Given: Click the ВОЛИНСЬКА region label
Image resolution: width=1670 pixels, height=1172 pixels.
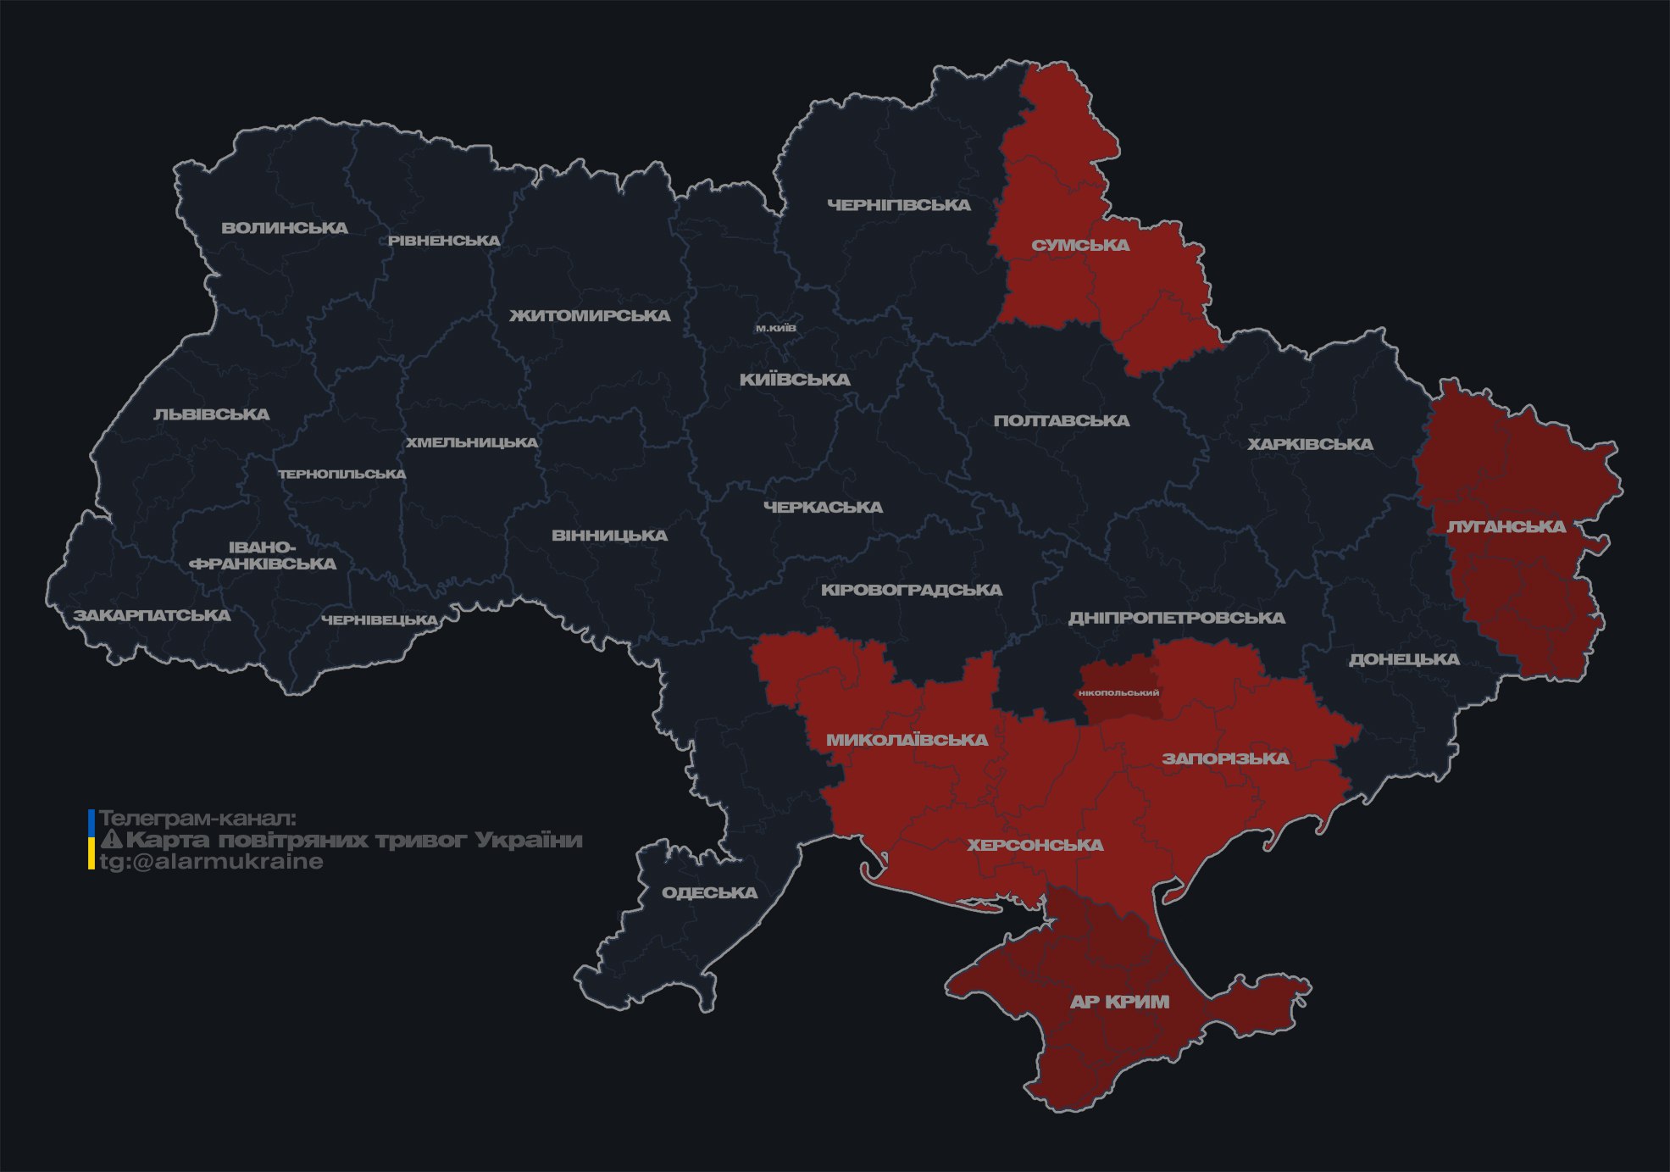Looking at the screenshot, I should click(285, 228).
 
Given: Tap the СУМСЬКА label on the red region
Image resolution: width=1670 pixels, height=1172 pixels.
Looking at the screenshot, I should click(1080, 246).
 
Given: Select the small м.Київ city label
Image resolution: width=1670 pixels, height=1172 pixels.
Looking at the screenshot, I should click(775, 328).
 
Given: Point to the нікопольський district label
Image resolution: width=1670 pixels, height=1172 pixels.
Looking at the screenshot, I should click(1118, 693).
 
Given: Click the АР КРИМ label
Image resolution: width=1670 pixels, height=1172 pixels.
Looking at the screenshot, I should click(1119, 1002).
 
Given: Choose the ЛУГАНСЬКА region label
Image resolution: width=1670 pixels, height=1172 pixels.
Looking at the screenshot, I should click(1506, 527).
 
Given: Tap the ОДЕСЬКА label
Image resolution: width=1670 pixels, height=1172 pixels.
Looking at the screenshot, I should click(709, 893).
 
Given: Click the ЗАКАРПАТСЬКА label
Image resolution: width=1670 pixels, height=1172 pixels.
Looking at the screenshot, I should click(152, 615).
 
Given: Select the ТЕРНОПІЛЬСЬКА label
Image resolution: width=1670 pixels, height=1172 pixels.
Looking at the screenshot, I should click(342, 475).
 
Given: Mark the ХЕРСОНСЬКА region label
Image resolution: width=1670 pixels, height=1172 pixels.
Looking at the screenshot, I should click(1035, 846).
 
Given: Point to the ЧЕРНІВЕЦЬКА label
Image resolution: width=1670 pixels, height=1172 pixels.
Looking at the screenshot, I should click(380, 620).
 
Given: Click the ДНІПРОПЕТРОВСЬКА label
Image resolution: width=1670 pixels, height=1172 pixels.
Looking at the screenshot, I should click(1176, 618).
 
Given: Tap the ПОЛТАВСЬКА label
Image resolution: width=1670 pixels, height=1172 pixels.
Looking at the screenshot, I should click(1061, 421).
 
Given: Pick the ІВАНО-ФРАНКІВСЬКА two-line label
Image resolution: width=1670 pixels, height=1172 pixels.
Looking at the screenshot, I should click(263, 556).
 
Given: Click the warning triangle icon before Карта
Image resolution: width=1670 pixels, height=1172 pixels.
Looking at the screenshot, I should click(111, 840).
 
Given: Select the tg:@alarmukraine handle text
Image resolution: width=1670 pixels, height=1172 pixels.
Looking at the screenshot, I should click(211, 862).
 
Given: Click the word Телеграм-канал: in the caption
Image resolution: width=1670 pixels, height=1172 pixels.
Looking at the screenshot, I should click(197, 819).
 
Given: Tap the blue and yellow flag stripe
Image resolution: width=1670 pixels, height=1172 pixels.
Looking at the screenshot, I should click(92, 840).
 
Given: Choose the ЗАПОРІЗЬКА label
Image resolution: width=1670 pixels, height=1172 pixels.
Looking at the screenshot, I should click(1225, 758).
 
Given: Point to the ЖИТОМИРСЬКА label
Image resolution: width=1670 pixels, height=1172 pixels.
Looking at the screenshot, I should click(590, 316).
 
